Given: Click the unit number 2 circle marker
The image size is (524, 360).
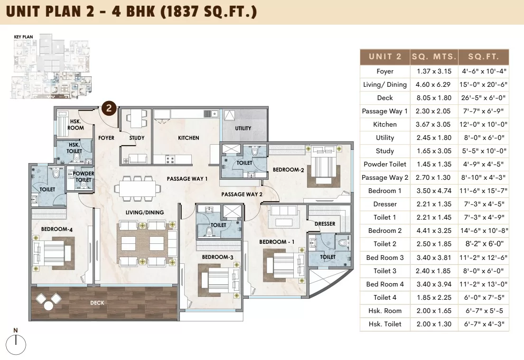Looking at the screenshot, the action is coord(109,108).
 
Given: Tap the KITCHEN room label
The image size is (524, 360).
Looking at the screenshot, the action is coord(188,138).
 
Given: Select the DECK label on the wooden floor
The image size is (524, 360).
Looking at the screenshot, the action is coord(97,303).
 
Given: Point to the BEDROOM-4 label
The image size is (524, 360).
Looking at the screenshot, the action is coord(57,229).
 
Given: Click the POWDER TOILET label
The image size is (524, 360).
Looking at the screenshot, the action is coord(83,176).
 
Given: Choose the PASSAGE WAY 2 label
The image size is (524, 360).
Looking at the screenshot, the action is coord(242,194).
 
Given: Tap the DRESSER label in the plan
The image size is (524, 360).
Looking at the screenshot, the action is coord(325,224).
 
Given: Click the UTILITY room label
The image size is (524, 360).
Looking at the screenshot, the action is coord(243,128).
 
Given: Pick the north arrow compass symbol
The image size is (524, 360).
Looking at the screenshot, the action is coord(16,342).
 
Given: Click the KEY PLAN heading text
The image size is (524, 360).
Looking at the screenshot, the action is coord(23,37).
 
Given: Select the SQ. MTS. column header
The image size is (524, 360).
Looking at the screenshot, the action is coord(434,57).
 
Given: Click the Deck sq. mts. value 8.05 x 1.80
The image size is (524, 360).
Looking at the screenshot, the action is coord(434,98).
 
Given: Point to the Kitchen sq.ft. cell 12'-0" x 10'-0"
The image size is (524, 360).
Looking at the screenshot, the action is coord(484,125).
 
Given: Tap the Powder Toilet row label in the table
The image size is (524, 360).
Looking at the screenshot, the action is coord(385,164).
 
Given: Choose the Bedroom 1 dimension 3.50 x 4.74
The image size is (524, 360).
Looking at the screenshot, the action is coord(434,191).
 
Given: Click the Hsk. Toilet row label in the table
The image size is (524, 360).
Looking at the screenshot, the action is coord(385,324).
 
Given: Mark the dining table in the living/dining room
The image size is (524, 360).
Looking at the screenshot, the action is coord(135,189).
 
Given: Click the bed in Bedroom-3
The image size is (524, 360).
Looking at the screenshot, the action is coord(219,280).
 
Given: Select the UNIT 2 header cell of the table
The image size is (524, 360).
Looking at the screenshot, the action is coord(385,57).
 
